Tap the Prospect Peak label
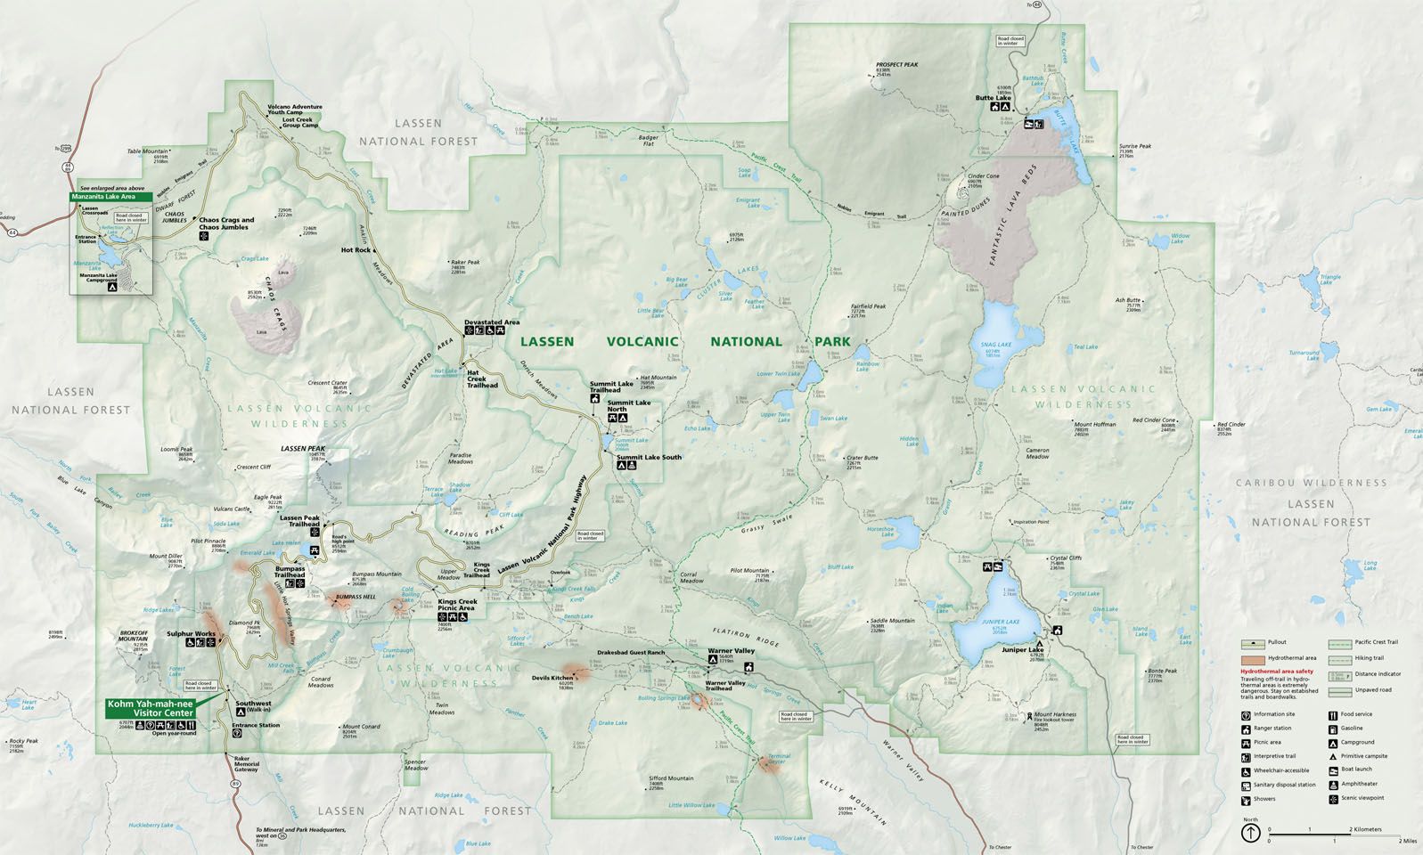896,64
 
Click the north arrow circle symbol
1251,833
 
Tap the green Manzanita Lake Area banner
109,196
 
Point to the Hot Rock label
356,250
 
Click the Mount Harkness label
1055,714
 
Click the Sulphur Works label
192,634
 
